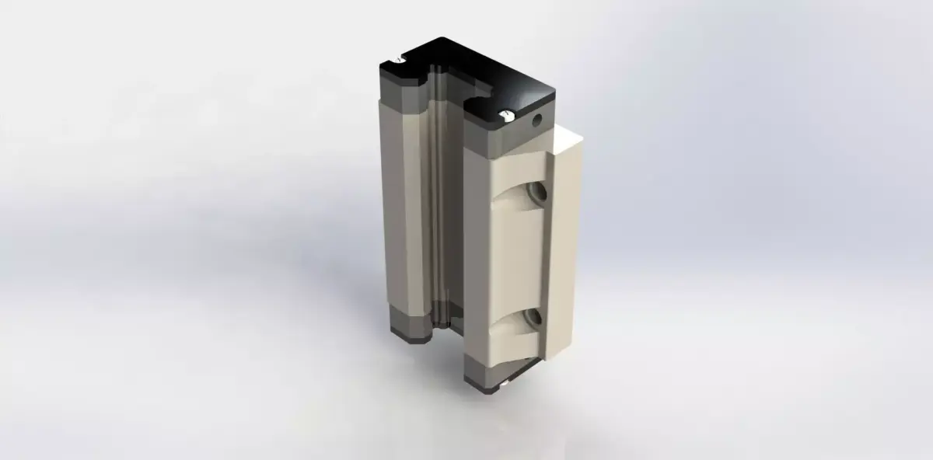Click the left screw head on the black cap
click(398, 58)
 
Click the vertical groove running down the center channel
click(441, 202)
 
